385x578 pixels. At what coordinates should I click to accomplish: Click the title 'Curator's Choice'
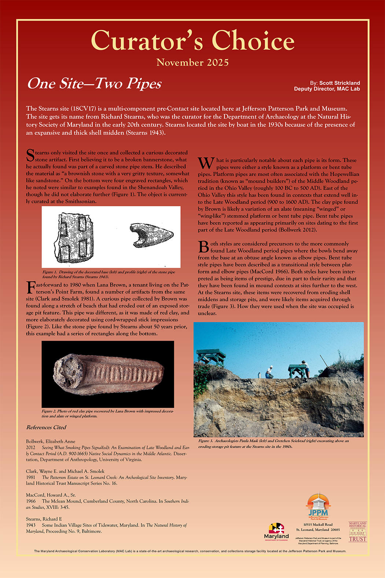coord(192,40)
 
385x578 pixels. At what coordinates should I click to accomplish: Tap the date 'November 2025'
coord(192,62)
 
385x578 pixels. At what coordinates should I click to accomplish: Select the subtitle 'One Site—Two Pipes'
coord(94,84)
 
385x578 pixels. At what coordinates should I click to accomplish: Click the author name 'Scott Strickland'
coord(340,83)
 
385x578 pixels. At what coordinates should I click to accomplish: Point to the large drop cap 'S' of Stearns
coord(30,155)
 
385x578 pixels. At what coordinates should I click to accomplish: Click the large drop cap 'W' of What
coord(206,164)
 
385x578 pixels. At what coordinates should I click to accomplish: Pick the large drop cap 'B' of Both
coord(203,247)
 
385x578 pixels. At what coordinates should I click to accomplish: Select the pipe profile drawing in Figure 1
coord(151,234)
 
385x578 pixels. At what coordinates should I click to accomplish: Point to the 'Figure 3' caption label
coord(206,441)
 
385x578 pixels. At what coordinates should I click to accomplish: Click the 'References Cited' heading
coord(46,427)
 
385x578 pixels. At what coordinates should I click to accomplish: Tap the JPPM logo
coord(318,506)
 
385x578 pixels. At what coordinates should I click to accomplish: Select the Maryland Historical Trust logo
coord(357,532)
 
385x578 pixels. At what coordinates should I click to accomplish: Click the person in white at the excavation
coord(269,372)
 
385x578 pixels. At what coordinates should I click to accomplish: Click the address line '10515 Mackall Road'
coord(318,524)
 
